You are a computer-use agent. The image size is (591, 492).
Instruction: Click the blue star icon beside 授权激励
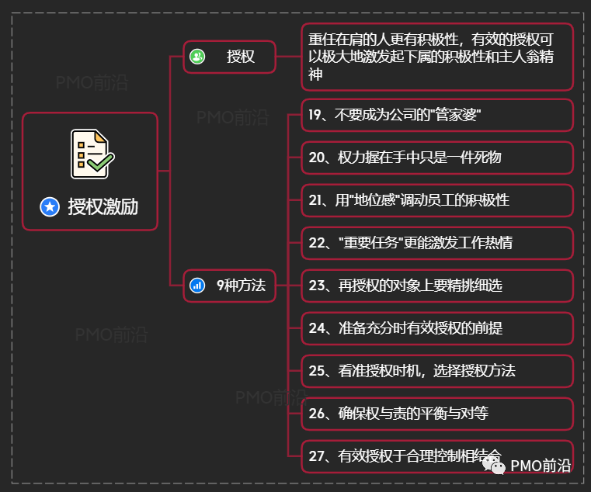pyautogui.click(x=50, y=206)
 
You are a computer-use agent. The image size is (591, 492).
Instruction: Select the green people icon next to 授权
pyautogui.click(x=197, y=56)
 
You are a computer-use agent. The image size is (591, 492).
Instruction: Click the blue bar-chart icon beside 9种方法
pyautogui.click(x=197, y=286)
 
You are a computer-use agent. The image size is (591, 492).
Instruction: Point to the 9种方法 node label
pyautogui.click(x=241, y=286)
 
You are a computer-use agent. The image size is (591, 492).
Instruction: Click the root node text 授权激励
pyautogui.click(x=103, y=206)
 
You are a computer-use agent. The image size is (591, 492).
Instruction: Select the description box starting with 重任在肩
pyautogui.click(x=436, y=56)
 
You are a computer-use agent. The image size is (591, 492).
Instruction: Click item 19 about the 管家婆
pyautogui.click(x=396, y=115)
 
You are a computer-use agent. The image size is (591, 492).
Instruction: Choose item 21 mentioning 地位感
pyautogui.click(x=408, y=200)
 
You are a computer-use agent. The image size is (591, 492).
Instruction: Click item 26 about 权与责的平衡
pyautogui.click(x=398, y=414)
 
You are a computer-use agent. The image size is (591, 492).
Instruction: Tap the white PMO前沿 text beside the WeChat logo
pyautogui.click(x=541, y=466)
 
